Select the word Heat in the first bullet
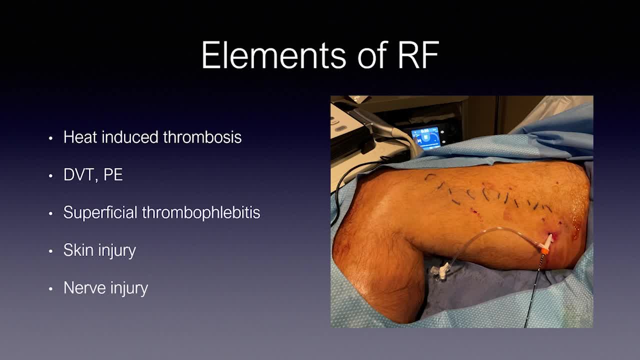tap(80, 137)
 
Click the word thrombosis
tap(202, 137)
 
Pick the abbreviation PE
tap(113, 174)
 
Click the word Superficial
tap(100, 212)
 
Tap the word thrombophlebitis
tap(201, 212)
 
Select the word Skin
tap(78, 250)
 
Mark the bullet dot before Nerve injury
tap(50, 289)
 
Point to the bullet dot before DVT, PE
tap(50, 175)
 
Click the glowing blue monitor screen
tap(425, 138)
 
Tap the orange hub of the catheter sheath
tap(544, 251)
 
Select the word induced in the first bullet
tap(130, 137)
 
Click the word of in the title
tap(372, 54)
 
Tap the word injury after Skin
tap(117, 250)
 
